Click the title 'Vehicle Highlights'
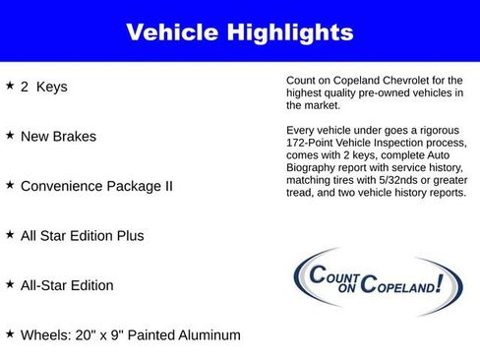[x=240, y=32]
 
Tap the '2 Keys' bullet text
[x=44, y=87]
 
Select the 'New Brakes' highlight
[x=60, y=137]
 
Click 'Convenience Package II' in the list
[x=96, y=186]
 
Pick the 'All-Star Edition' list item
[x=67, y=285]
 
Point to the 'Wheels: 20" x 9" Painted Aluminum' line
[x=130, y=335]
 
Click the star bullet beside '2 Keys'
[x=10, y=86]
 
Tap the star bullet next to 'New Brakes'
[x=10, y=135]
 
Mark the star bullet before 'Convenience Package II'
[x=10, y=185]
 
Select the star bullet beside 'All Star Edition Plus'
[x=10, y=234]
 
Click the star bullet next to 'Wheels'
[x=10, y=333]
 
